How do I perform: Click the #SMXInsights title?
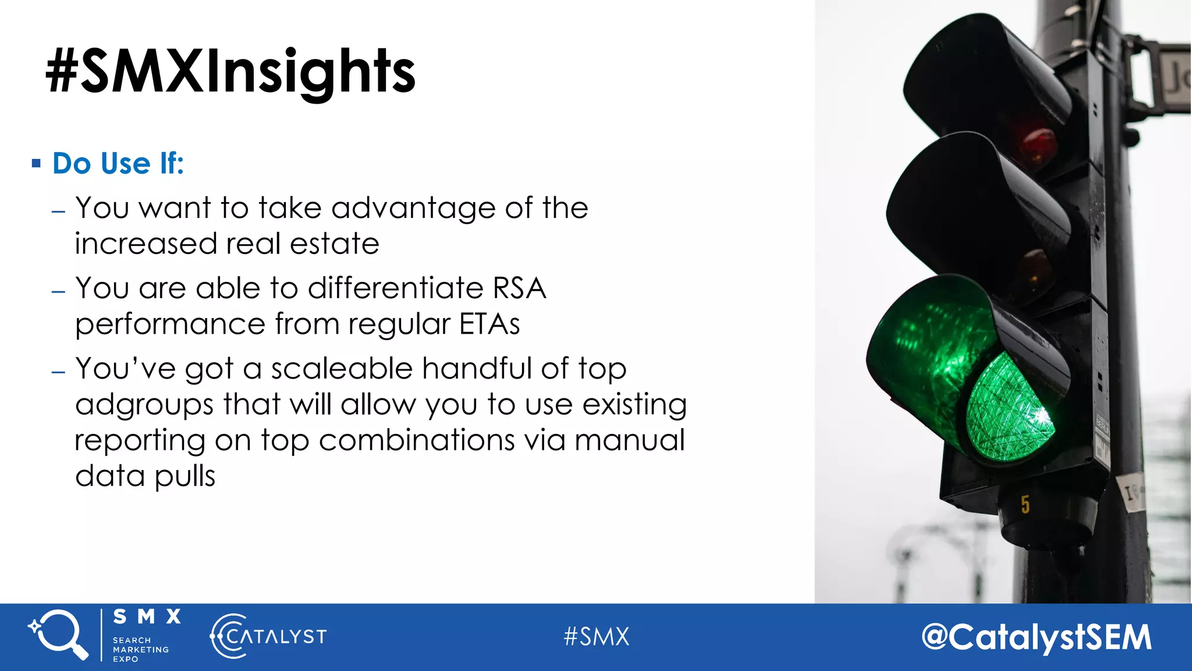(x=230, y=72)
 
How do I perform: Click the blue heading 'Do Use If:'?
(x=118, y=164)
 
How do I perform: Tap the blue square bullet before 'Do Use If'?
(x=36, y=164)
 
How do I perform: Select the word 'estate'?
(x=335, y=243)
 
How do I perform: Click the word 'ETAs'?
(x=489, y=324)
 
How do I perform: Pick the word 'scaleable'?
(x=341, y=369)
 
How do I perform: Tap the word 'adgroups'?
(x=144, y=405)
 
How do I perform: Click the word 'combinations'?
(x=416, y=440)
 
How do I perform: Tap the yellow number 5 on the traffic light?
(x=1025, y=504)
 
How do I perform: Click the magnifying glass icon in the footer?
(x=58, y=635)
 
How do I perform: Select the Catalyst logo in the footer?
(x=268, y=636)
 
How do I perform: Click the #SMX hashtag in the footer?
(x=596, y=637)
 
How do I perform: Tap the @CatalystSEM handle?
(x=1036, y=637)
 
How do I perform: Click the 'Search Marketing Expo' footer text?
(x=140, y=649)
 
